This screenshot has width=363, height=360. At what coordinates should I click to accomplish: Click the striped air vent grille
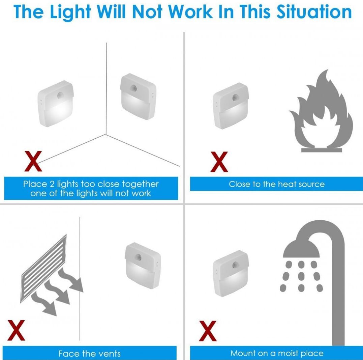[x=44, y=269]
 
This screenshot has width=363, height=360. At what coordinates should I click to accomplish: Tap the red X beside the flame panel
[x=219, y=162]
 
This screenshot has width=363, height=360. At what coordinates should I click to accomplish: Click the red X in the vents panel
[x=16, y=330]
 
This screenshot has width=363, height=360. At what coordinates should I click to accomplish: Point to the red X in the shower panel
[x=208, y=331]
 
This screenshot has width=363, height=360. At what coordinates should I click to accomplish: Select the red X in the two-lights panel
[x=33, y=161]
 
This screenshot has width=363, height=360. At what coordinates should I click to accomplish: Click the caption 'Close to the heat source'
[x=277, y=184]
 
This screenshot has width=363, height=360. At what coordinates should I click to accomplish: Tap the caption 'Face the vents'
[x=89, y=354]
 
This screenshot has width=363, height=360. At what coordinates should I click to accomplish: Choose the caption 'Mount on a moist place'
[x=277, y=353]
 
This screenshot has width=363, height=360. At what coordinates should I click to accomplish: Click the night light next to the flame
[x=231, y=106]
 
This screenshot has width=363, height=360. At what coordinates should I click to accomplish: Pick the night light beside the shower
[x=231, y=273]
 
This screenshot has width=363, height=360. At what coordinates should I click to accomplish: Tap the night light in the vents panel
[x=143, y=266]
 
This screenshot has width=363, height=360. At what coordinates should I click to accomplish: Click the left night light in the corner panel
[x=56, y=104]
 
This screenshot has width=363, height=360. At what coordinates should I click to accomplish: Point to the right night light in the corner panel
[x=138, y=97]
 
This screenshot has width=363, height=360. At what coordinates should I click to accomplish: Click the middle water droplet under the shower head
[x=301, y=276]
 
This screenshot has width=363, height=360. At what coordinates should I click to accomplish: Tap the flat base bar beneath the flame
[x=322, y=150]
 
